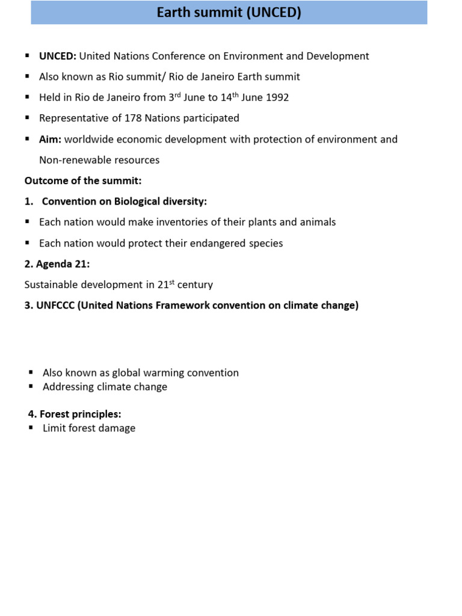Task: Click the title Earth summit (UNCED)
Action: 229,13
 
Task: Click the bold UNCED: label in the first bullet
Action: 58,57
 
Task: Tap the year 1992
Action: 277,97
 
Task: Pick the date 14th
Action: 230,96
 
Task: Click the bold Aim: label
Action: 50,140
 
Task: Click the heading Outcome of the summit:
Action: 83,180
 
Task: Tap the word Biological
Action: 141,202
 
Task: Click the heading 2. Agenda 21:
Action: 57,263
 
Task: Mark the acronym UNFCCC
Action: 57,305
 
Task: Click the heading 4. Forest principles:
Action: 75,414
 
